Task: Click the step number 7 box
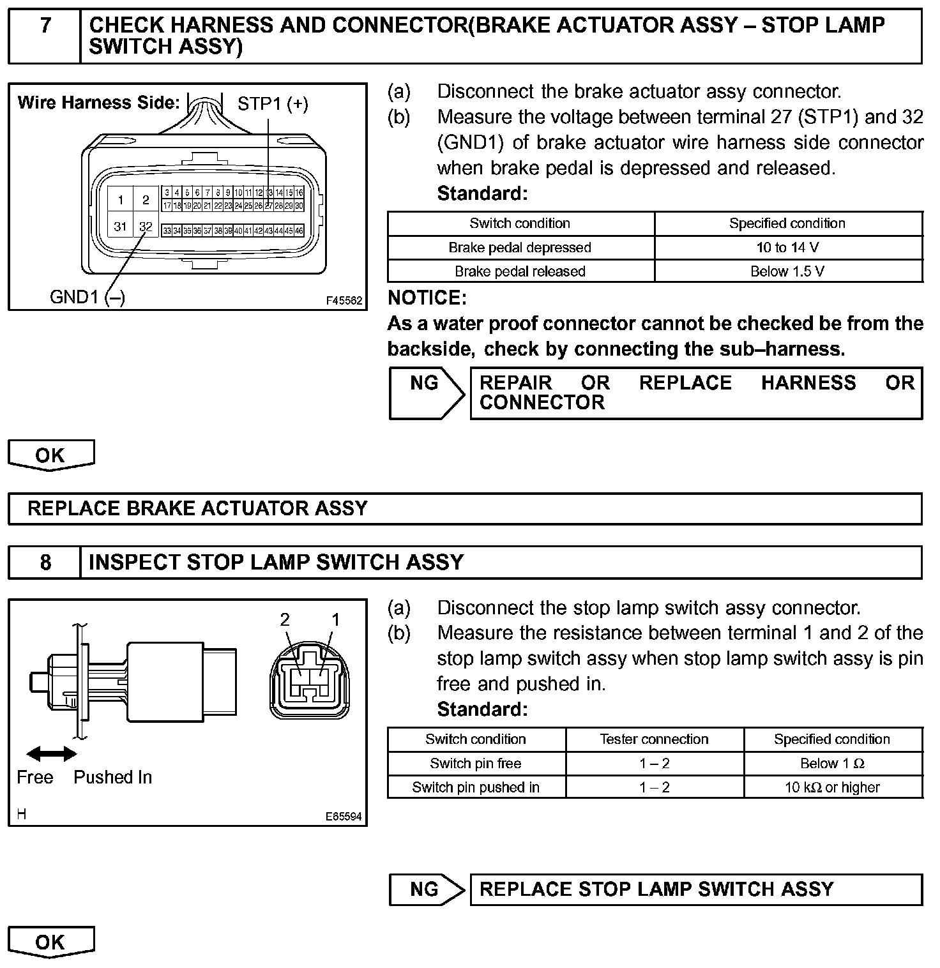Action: click(45, 36)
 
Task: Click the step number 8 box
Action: click(45, 562)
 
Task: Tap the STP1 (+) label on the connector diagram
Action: click(273, 103)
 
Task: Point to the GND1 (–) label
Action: click(87, 297)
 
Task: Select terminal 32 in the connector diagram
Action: click(146, 226)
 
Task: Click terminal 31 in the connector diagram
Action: click(120, 226)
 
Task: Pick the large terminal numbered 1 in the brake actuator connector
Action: click(120, 200)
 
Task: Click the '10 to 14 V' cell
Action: click(787, 247)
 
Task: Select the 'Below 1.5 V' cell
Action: click(787, 271)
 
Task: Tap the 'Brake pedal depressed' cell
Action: click(520, 247)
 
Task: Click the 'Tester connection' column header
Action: click(654, 739)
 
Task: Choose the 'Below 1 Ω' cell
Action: click(832, 763)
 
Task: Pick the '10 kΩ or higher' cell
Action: click(832, 787)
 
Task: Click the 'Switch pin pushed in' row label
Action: click(476, 787)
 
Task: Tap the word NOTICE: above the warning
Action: click(427, 298)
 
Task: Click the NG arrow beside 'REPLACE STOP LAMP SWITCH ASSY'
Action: click(427, 889)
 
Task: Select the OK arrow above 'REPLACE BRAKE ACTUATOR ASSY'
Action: click(50, 455)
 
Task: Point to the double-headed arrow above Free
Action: click(51, 754)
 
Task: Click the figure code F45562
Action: click(344, 300)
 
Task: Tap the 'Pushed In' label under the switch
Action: click(113, 777)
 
